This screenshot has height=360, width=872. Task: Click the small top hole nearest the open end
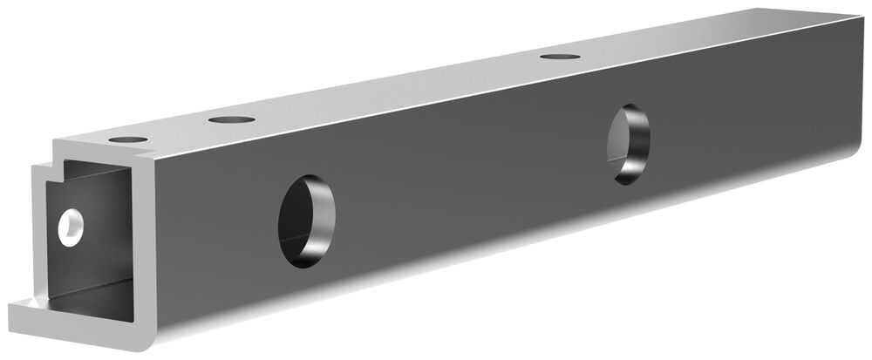[x=127, y=139]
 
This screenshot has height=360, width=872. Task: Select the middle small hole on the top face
[x=231, y=119]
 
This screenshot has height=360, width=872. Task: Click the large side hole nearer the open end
[x=306, y=220]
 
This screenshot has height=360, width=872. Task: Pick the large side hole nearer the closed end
[x=629, y=144]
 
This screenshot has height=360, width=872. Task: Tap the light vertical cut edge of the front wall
[x=144, y=244]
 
